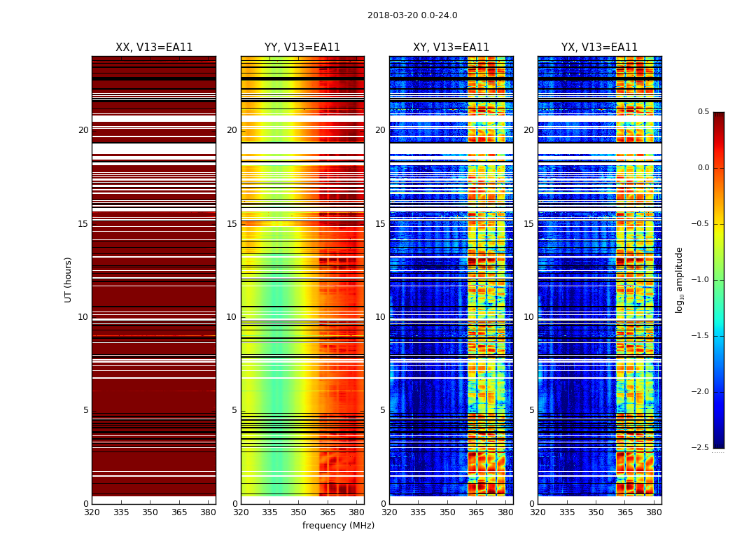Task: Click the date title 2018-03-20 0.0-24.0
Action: click(412, 15)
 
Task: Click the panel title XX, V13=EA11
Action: click(154, 48)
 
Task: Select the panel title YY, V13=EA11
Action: click(302, 48)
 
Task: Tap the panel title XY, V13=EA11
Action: click(451, 48)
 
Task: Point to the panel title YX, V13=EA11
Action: click(599, 48)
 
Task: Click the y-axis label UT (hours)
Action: click(68, 279)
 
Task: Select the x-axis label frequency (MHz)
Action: click(338, 526)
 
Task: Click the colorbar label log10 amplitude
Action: click(679, 279)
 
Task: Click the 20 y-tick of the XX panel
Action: click(83, 130)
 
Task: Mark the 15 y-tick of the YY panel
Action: click(232, 224)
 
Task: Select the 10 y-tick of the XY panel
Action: click(380, 317)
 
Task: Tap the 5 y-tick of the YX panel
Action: click(531, 410)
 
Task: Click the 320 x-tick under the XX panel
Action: click(92, 512)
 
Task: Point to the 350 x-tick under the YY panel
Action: click(299, 512)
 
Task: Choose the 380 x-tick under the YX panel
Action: click(654, 512)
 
